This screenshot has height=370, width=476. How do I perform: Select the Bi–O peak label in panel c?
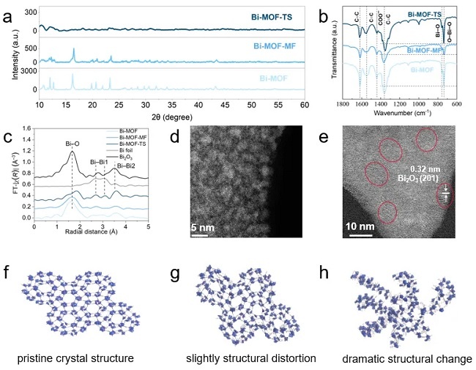point(72,144)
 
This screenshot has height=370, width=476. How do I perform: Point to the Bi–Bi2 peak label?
point(122,167)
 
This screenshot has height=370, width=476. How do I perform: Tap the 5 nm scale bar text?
point(203,229)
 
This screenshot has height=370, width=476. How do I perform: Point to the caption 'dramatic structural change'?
point(406,358)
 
